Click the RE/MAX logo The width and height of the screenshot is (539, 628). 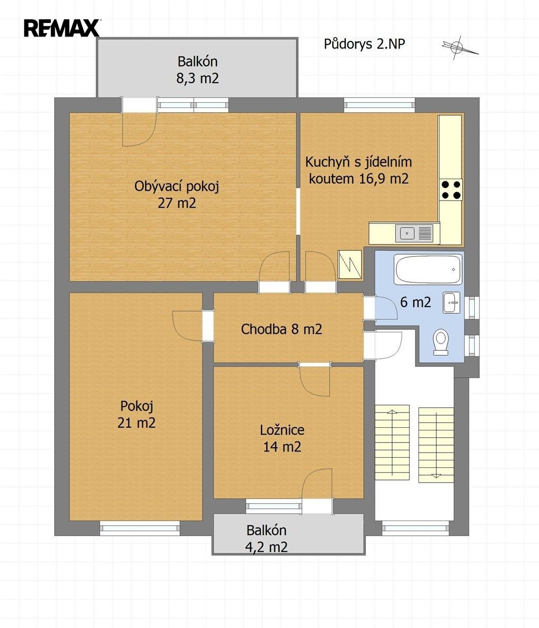pos(62,28)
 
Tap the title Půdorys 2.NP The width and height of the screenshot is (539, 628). pos(364,44)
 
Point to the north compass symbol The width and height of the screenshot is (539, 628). pos(460,47)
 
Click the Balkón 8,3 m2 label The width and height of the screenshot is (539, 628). pos(198,70)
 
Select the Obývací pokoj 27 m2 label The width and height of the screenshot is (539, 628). pos(176,194)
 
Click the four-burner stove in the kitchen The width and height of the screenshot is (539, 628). pos(451,190)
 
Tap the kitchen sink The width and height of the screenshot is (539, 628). pos(414,233)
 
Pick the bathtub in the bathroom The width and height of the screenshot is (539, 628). pos(428,269)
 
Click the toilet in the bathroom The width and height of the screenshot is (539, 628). pos(441,342)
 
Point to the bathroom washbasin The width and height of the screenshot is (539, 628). pos(452,302)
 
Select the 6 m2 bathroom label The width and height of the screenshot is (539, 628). pos(416,302)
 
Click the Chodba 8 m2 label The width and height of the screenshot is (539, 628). pos(281,329)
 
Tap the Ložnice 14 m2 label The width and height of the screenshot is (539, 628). pos(282,438)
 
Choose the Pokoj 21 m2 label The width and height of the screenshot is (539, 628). pos(136,415)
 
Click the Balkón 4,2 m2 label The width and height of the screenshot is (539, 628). pos(266,538)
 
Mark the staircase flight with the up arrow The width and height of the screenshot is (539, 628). pos(392,443)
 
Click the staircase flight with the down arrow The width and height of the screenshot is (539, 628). pos(436,445)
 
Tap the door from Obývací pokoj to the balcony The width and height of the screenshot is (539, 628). pos(139,121)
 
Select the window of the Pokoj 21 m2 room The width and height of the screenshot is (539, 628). pos(139,528)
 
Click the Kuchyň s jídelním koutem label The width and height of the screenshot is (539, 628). pos(358,170)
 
